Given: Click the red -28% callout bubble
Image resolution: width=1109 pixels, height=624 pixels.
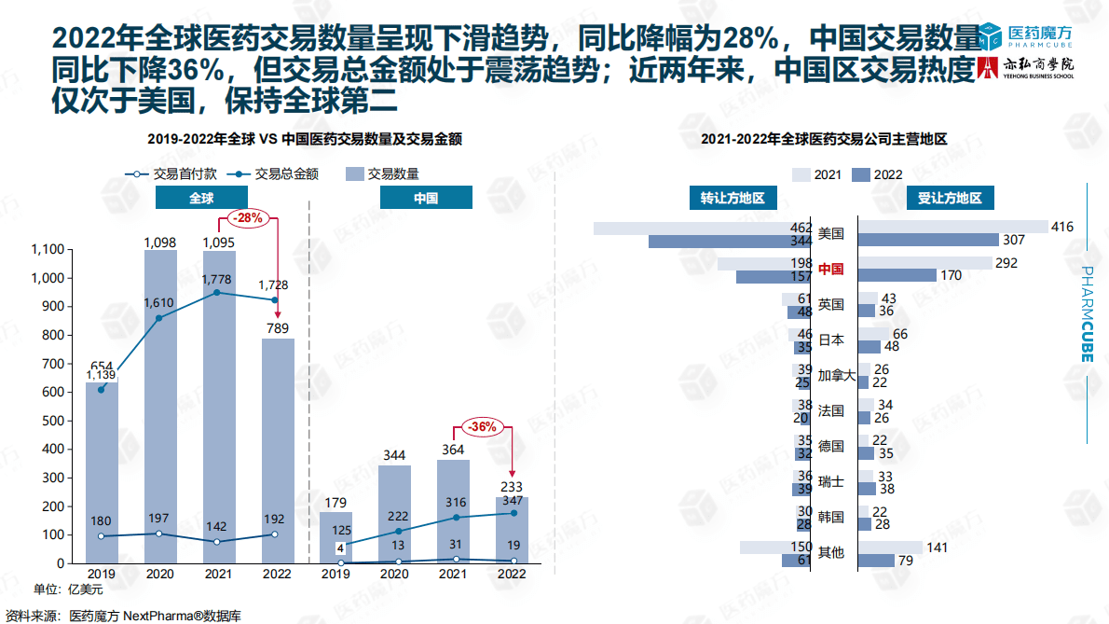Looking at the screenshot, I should tap(247, 218).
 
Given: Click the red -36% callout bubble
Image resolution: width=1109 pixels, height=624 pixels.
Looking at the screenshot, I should tap(483, 427).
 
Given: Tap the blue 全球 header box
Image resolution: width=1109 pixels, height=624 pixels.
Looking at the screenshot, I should tap(201, 199).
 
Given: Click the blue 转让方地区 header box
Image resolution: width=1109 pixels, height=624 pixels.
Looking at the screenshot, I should tap(732, 199).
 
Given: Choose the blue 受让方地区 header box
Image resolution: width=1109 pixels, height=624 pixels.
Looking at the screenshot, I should tap(950, 199).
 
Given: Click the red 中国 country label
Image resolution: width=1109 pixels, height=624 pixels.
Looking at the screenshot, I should tap(830, 269).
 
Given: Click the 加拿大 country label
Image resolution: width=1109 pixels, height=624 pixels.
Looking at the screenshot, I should tap(836, 375).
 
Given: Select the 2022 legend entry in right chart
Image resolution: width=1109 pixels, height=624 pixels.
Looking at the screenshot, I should tap(877, 174).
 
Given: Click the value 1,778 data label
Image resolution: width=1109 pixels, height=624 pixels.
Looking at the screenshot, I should tap(218, 278).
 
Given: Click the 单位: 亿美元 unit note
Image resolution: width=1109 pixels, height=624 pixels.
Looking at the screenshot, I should tap(68, 589).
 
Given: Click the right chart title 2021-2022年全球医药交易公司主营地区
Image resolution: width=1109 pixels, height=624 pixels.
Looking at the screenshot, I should tap(824, 139).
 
